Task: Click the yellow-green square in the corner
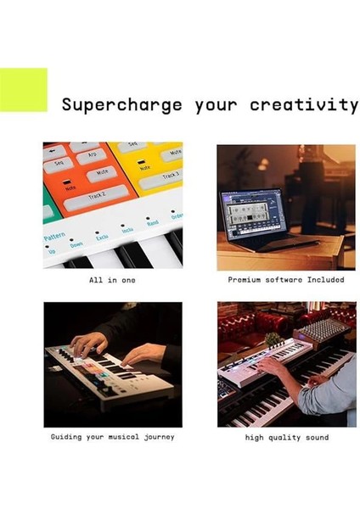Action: (23, 90)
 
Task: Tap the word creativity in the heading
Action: (304, 105)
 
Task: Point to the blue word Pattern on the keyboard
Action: (55, 235)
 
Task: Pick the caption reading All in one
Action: (112, 279)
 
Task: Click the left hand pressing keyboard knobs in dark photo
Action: (87, 343)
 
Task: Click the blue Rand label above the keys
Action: (152, 223)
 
